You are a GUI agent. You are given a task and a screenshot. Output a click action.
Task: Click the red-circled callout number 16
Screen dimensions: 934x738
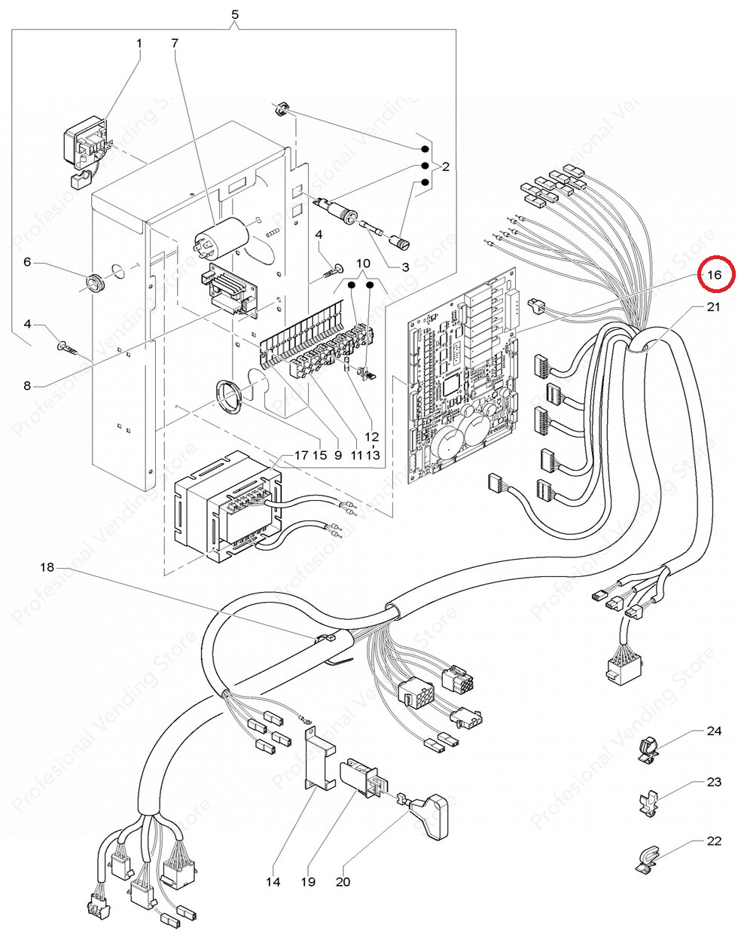point(714,275)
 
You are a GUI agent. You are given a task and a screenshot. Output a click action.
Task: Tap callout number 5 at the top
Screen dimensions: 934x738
point(235,14)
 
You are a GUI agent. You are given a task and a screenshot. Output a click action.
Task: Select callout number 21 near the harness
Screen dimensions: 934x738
point(713,307)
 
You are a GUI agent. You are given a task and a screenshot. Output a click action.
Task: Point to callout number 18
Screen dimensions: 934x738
point(47,566)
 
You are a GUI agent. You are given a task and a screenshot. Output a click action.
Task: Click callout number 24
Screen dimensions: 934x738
point(714,731)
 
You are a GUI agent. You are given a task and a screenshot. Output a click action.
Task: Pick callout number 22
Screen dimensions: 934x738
point(714,841)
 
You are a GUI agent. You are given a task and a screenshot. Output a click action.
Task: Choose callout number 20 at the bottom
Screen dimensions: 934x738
point(343,881)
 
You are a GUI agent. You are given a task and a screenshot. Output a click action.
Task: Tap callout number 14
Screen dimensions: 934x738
point(273,881)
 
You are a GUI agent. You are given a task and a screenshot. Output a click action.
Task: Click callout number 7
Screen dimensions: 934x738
point(175,43)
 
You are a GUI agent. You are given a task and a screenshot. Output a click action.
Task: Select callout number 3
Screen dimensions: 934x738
point(404,267)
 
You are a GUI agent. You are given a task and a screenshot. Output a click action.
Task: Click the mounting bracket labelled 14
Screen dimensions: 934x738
point(316,757)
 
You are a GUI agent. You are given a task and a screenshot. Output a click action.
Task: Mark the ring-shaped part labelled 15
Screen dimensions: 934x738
point(228,396)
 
